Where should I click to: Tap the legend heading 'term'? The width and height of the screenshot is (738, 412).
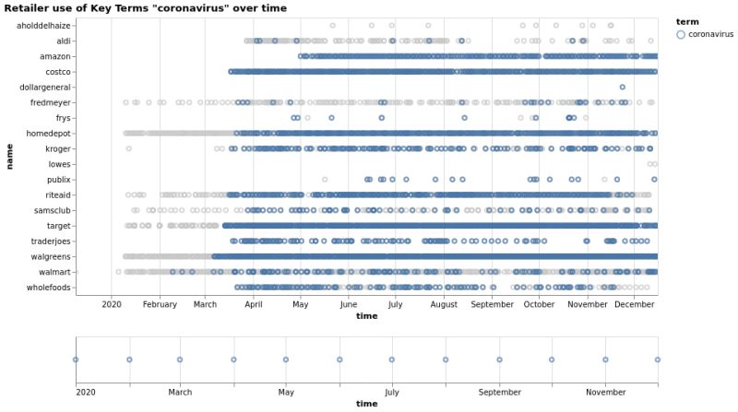coord(686,21)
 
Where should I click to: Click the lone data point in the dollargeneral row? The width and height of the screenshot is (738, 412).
coord(623,87)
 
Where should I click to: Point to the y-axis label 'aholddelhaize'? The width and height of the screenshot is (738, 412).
coord(44,26)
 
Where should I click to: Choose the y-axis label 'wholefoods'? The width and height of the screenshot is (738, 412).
coord(50,288)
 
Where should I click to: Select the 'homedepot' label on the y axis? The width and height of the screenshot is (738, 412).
coord(49,134)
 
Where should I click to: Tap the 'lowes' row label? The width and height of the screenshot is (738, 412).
coord(59,164)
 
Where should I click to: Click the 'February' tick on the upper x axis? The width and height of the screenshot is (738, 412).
coord(160,304)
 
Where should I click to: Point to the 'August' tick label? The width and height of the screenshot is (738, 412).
coord(444,304)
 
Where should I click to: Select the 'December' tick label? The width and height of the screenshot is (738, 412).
coord(635,304)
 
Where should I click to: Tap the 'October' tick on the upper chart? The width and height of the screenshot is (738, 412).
coord(540,304)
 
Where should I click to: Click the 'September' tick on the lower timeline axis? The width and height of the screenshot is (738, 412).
coord(499,392)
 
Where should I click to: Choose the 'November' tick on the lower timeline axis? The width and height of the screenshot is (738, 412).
coord(605,392)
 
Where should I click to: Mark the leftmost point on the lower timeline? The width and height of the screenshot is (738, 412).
coord(76,359)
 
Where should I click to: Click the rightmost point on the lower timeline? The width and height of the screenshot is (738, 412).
coord(658,359)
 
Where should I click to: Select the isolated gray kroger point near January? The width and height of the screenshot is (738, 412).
coord(128,148)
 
